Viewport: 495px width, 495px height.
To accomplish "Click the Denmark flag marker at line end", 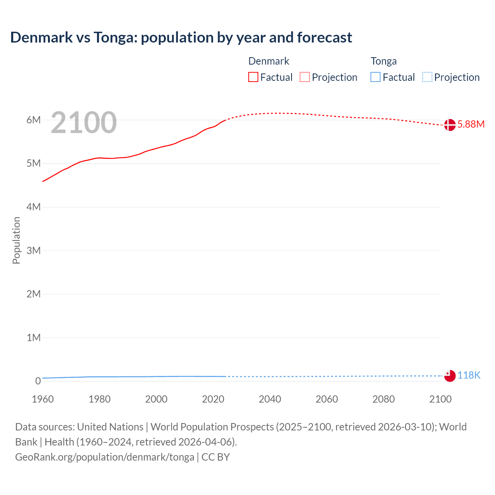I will (449, 125).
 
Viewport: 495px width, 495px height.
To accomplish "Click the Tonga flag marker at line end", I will (450, 376).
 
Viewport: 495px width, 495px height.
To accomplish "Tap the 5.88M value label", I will (471, 124).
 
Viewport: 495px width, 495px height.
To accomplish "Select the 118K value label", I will (469, 375).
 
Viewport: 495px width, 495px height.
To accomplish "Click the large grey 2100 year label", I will (84, 123).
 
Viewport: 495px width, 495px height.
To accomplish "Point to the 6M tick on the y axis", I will (34, 120).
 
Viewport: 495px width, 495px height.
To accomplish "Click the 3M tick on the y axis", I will (34, 251).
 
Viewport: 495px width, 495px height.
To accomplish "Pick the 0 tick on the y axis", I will (38, 381).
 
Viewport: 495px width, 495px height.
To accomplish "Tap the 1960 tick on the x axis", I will (43, 399).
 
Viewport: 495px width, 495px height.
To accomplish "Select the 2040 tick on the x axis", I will (270, 399).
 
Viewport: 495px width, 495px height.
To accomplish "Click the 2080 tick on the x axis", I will (384, 399).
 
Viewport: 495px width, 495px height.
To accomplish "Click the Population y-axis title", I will (16, 240).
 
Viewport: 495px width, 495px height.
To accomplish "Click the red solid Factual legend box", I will (253, 77).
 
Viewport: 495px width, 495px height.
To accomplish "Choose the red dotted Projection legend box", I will (305, 77).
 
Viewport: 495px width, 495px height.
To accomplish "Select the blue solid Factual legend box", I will (376, 77).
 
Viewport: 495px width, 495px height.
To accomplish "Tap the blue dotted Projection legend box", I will (427, 77).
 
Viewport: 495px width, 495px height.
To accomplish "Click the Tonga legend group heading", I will (384, 61).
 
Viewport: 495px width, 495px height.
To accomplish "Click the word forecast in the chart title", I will (324, 38).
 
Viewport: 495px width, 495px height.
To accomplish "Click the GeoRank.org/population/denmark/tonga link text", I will (104, 457).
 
